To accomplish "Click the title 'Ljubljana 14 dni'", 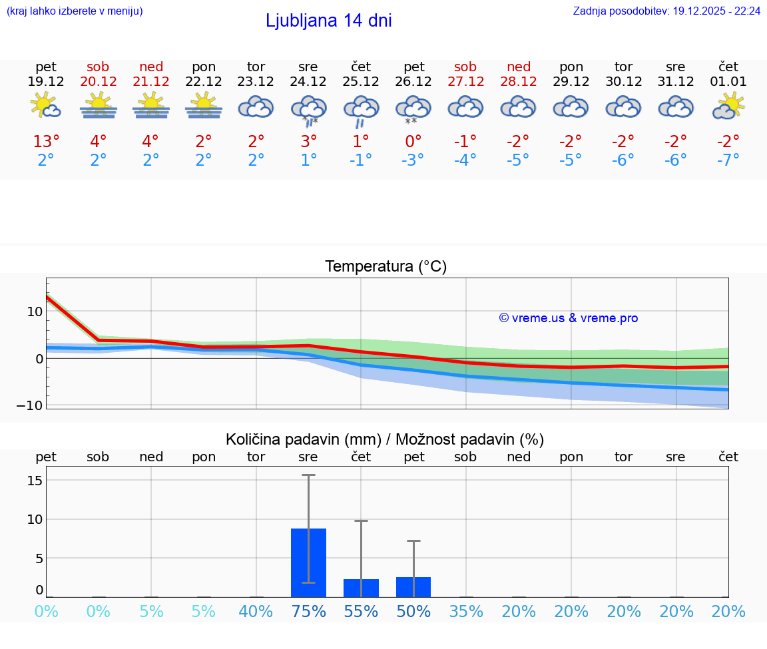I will (328, 21).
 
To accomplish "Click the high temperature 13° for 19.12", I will (46, 141).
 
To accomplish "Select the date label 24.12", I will (308, 82).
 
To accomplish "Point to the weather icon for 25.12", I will (361, 109).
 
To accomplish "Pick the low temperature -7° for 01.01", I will (728, 160).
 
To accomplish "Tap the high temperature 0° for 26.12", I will (413, 141).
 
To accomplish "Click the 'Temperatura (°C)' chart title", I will (385, 266).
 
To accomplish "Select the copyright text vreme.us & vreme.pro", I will (569, 318).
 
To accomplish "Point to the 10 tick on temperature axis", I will (35, 312).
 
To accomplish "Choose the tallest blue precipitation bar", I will (308, 562).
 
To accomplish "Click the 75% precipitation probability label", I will (308, 611).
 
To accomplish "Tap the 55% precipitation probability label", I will (361, 611).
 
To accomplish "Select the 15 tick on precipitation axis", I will (35, 480).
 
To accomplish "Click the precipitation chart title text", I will (385, 439).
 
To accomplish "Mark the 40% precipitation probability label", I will (256, 611).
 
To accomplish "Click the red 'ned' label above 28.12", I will (519, 67).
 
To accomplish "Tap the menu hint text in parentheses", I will (75, 11).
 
